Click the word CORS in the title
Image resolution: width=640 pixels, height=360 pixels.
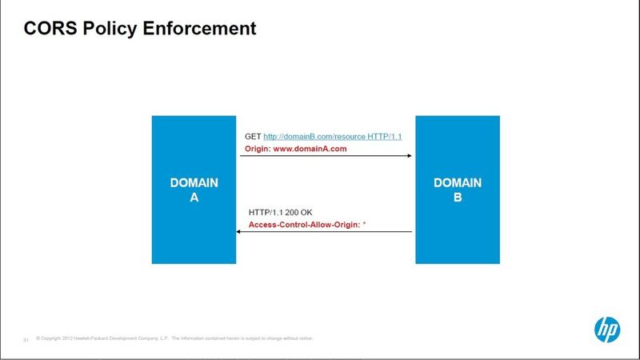click(50, 28)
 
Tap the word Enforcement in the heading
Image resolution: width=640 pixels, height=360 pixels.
click(199, 28)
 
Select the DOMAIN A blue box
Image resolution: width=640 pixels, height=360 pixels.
click(194, 190)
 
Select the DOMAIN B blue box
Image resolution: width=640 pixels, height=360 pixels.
click(458, 190)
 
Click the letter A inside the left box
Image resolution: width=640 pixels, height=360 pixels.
click(194, 197)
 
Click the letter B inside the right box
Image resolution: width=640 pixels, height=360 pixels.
click(458, 197)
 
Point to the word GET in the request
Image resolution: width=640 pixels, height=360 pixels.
click(253, 136)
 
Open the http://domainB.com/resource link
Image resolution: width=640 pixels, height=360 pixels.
click(314, 137)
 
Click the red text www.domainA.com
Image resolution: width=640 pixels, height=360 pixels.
click(310, 149)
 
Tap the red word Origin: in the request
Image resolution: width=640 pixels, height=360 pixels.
click(258, 149)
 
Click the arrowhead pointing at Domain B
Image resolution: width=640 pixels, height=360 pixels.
click(410, 155)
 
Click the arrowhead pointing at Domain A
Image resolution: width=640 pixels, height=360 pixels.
click(238, 232)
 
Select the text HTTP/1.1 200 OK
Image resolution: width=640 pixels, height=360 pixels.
click(281, 212)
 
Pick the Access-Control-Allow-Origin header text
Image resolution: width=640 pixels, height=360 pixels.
click(305, 225)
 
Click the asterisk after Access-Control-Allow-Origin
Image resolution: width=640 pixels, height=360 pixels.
click(364, 223)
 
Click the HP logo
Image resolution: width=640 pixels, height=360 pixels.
click(607, 330)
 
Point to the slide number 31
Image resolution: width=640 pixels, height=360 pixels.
click(26, 340)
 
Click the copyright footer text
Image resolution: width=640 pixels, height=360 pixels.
click(174, 338)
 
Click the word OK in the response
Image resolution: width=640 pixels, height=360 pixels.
click(306, 212)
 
